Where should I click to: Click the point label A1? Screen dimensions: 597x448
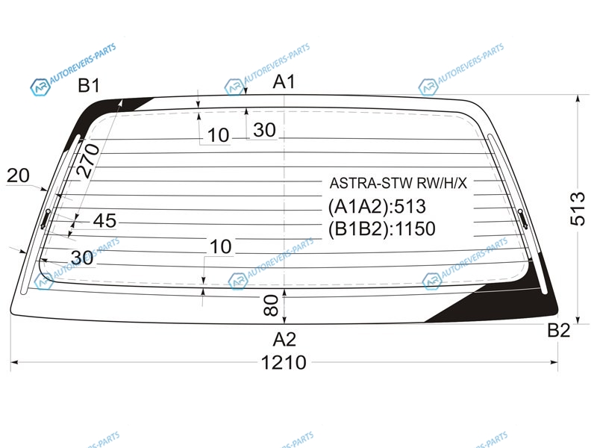click(x=284, y=81)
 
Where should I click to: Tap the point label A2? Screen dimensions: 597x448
click(x=284, y=339)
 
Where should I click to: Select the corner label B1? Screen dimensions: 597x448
click(x=89, y=85)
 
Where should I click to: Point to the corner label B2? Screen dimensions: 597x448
click(x=558, y=330)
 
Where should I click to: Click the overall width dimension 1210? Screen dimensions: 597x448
click(x=284, y=362)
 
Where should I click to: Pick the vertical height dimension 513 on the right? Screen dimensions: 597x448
click(x=578, y=209)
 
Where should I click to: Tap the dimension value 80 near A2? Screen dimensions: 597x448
click(x=271, y=305)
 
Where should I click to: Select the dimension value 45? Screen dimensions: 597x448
click(x=104, y=220)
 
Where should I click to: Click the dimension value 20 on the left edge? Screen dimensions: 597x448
click(x=18, y=175)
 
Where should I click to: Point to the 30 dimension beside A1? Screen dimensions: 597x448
click(x=264, y=130)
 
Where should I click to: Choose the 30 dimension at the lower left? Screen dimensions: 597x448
click(x=82, y=258)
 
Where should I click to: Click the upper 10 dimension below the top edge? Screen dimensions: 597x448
click(x=218, y=135)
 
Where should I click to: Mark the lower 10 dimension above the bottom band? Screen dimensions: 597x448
click(x=220, y=246)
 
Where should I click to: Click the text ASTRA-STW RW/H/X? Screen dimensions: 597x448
click(x=398, y=183)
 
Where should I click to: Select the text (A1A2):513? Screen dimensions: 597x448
click(x=377, y=207)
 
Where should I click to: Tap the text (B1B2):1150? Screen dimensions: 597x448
click(x=382, y=229)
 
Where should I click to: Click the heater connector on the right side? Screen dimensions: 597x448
click(x=523, y=219)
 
